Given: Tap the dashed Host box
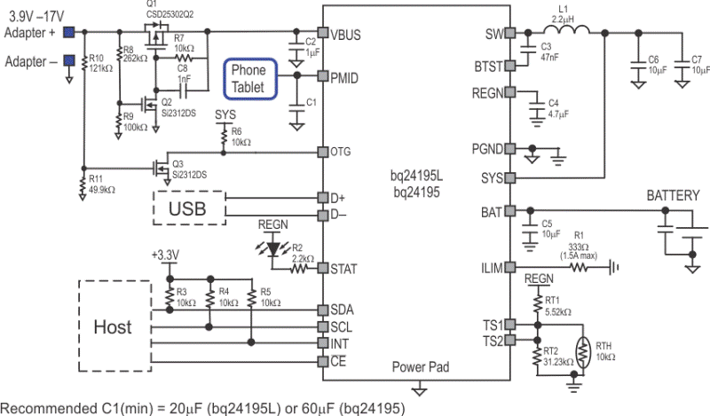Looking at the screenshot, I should click(113, 326).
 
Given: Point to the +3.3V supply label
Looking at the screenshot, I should click(165, 255).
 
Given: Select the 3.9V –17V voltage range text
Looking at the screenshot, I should click(39, 15).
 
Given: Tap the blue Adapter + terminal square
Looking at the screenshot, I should click(67, 33).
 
